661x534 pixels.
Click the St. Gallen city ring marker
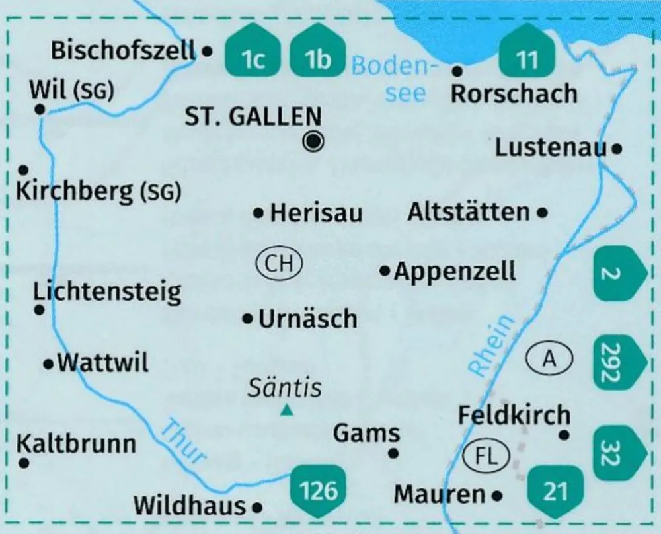[314, 141]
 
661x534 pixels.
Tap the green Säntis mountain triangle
[286, 411]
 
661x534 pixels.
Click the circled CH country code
[279, 264]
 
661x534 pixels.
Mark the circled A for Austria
[549, 359]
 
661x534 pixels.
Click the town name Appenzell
[455, 271]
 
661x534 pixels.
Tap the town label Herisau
[317, 213]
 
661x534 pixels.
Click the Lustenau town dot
[617, 149]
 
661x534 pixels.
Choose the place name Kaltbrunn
[76, 443]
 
